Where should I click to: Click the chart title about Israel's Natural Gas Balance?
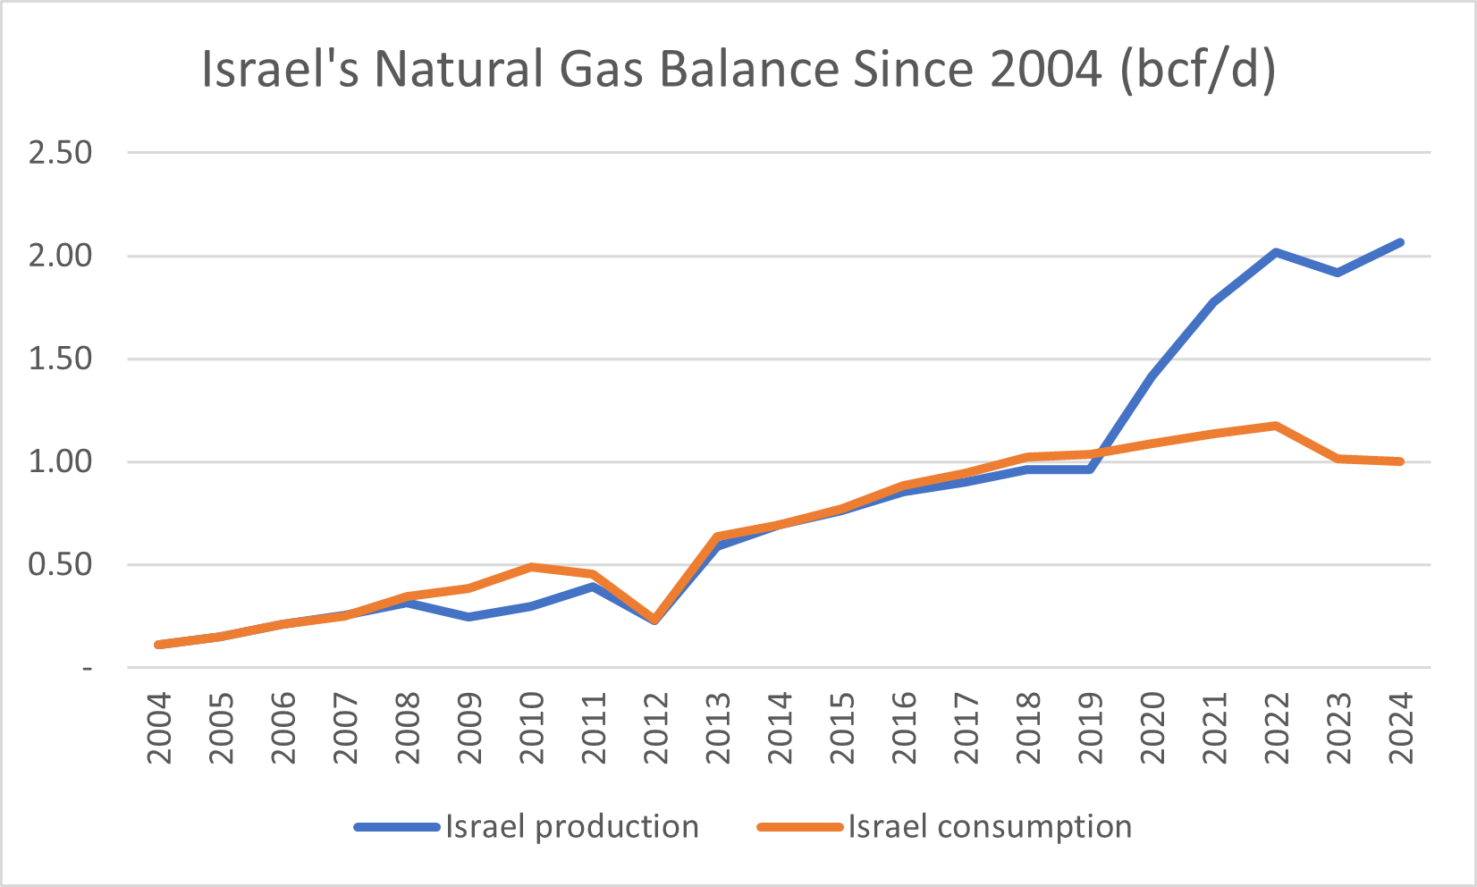(x=738, y=70)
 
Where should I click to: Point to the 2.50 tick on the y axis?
(x=61, y=153)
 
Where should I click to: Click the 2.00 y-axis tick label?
(x=61, y=256)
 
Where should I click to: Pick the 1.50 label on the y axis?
(x=61, y=359)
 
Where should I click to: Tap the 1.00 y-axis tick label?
(x=61, y=462)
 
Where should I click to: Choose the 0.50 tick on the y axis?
(x=61, y=565)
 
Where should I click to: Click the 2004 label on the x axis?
(x=159, y=729)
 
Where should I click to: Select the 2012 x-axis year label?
(x=656, y=729)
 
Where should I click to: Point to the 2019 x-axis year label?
(x=1091, y=729)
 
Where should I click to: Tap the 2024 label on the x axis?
(x=1401, y=729)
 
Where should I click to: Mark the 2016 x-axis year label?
(x=905, y=729)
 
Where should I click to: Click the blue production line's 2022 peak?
(x=1276, y=252)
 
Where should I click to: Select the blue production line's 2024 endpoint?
(x=1400, y=242)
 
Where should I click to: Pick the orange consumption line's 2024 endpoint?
(x=1400, y=461)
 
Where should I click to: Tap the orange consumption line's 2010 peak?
(x=531, y=567)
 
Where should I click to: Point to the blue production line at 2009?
(x=468, y=617)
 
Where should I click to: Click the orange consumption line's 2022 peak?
(x=1276, y=426)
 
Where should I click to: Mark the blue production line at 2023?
(x=1338, y=272)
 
